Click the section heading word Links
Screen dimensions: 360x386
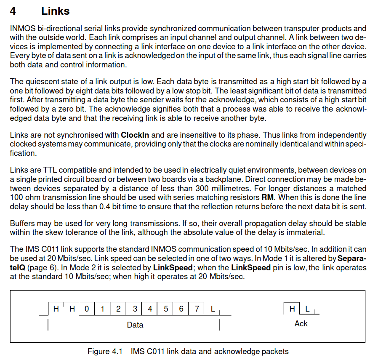(x=55, y=11)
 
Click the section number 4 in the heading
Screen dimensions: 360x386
(x=13, y=11)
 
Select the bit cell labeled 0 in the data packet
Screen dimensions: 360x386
(x=87, y=309)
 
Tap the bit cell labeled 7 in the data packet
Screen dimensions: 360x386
(x=197, y=309)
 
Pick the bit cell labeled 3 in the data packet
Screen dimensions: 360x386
(x=135, y=309)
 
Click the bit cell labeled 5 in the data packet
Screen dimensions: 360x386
(x=166, y=309)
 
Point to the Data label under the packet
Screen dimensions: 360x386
(x=135, y=325)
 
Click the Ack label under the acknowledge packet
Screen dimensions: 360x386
(x=301, y=323)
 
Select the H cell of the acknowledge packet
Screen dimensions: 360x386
(x=292, y=309)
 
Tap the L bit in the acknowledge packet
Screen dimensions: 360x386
(x=308, y=309)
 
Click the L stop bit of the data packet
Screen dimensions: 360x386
(x=213, y=309)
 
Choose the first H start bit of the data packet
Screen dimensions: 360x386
(x=56, y=309)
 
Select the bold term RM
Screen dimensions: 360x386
(x=267, y=197)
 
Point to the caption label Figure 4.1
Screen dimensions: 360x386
(x=105, y=351)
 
